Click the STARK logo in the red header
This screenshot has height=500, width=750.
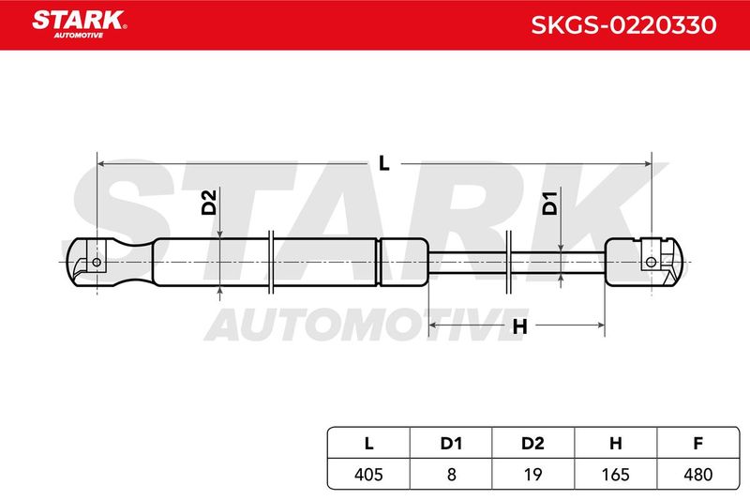[x=79, y=24]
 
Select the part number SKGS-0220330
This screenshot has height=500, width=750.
[x=623, y=25]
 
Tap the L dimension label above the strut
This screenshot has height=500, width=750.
[x=383, y=163]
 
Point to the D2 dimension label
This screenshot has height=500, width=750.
[x=209, y=202]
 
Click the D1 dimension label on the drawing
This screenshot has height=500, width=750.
[x=550, y=203]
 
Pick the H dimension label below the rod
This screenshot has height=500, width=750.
[x=519, y=326]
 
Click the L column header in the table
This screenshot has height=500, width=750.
[x=368, y=443]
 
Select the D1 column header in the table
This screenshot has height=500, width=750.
[x=451, y=444]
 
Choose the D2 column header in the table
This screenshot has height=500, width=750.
[x=532, y=444]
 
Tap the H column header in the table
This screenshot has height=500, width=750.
[x=616, y=444]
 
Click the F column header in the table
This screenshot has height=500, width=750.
[x=697, y=444]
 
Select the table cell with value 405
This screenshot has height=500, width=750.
[x=368, y=474]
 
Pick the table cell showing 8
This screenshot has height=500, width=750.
[x=451, y=474]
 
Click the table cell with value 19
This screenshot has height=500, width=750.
[x=533, y=474]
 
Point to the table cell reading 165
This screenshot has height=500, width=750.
[x=616, y=474]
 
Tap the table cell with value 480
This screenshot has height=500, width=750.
[x=698, y=474]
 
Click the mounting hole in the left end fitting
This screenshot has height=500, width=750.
[x=97, y=263]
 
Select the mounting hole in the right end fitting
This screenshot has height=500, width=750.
[x=651, y=263]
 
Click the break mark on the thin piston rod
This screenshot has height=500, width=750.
[x=509, y=262]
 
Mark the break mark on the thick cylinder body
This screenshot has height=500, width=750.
[x=271, y=262]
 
